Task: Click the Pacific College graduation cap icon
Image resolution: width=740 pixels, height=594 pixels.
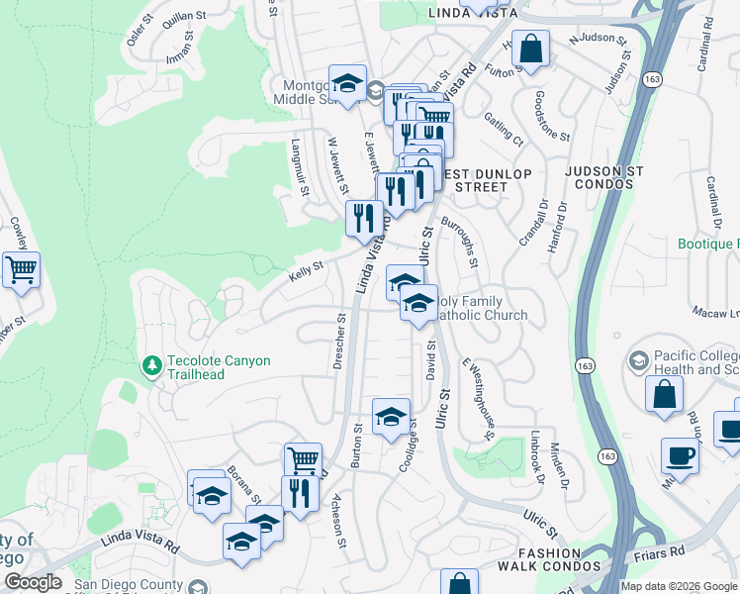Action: click(x=638, y=359)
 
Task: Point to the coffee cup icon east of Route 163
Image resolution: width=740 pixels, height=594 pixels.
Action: click(x=680, y=455)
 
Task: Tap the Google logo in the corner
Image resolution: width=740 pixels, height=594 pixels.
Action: click(x=33, y=582)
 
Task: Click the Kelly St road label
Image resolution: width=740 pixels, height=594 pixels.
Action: click(x=306, y=266)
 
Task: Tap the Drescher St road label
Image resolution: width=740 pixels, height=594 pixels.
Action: click(x=339, y=343)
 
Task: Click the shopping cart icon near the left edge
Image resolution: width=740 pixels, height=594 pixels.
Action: click(x=21, y=268)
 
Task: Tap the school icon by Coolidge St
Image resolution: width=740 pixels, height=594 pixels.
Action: click(x=391, y=417)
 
